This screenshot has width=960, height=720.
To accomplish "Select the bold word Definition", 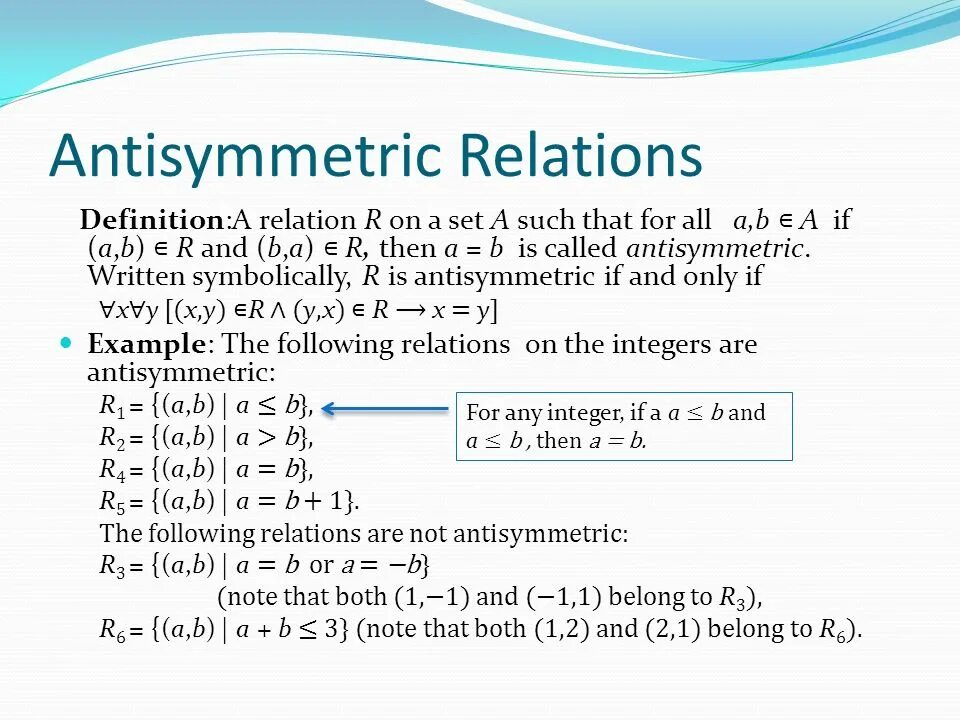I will (152, 220).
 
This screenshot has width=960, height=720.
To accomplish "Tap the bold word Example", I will (147, 345).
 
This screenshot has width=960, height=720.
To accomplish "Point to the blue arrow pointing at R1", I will (385, 408).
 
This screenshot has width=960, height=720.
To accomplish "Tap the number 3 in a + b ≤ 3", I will (334, 630).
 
